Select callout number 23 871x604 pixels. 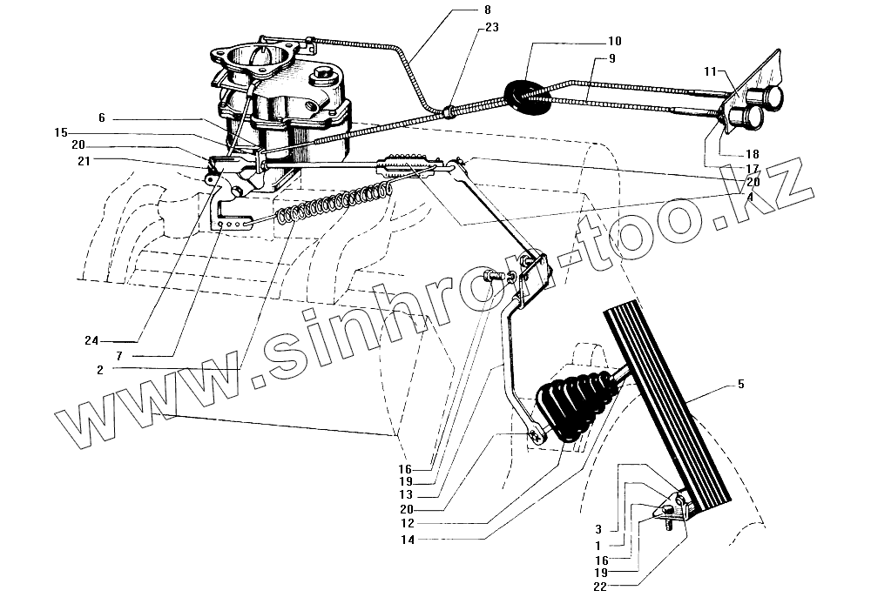click(491, 26)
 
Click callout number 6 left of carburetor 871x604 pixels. click(101, 117)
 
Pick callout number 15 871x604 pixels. click(59, 132)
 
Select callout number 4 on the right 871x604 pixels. click(749, 195)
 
